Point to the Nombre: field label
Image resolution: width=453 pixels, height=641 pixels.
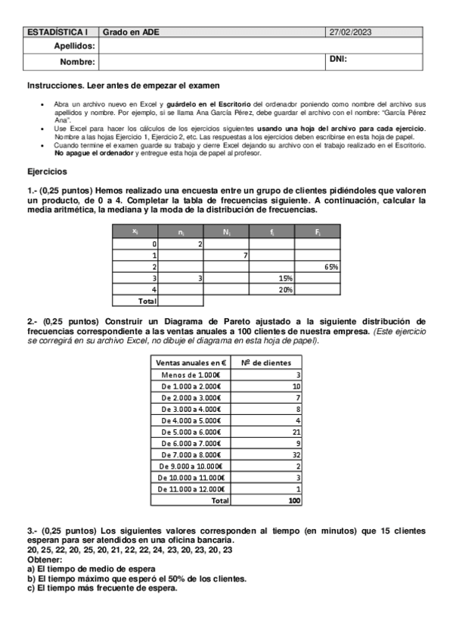[78, 61]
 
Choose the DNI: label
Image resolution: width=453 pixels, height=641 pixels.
[338, 59]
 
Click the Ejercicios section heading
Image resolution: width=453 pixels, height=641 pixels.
[47, 172]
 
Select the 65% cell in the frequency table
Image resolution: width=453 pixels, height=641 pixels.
[330, 267]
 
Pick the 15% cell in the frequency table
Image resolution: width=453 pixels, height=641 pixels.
[286, 278]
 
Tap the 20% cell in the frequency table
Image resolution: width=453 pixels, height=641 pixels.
[286, 290]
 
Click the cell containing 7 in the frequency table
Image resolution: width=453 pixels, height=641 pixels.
[246, 255]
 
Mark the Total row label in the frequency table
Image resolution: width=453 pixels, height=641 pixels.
[145, 301]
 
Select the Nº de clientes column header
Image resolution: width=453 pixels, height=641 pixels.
[265, 363]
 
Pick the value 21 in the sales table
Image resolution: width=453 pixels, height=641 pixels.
[296, 432]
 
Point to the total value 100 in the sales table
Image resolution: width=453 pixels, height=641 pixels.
[294, 500]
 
